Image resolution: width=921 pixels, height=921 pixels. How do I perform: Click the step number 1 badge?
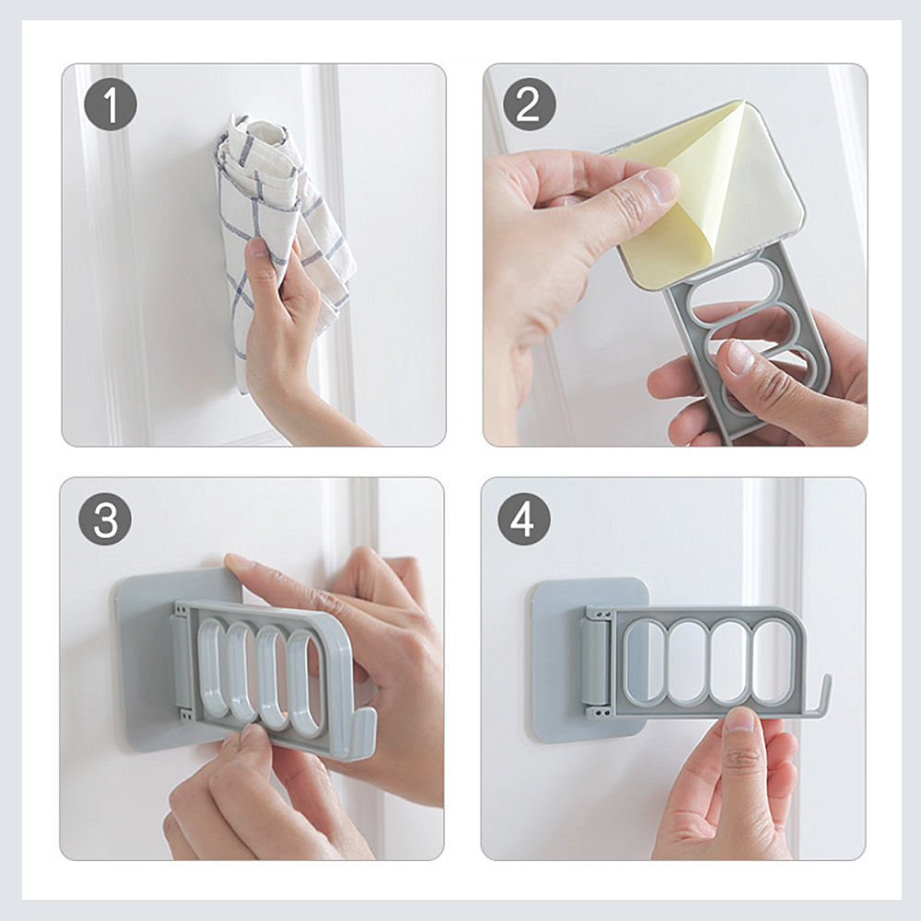pos(111,104)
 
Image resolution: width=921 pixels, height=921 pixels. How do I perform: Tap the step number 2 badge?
pos(530,104)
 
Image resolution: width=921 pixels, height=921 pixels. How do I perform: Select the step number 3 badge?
pos(105,519)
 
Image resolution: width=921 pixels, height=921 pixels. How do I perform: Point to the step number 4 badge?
pos(524,519)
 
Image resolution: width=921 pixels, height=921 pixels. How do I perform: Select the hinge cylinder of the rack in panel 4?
pos(595,660)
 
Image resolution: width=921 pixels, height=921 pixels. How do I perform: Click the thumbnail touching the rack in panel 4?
pos(740,719)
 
